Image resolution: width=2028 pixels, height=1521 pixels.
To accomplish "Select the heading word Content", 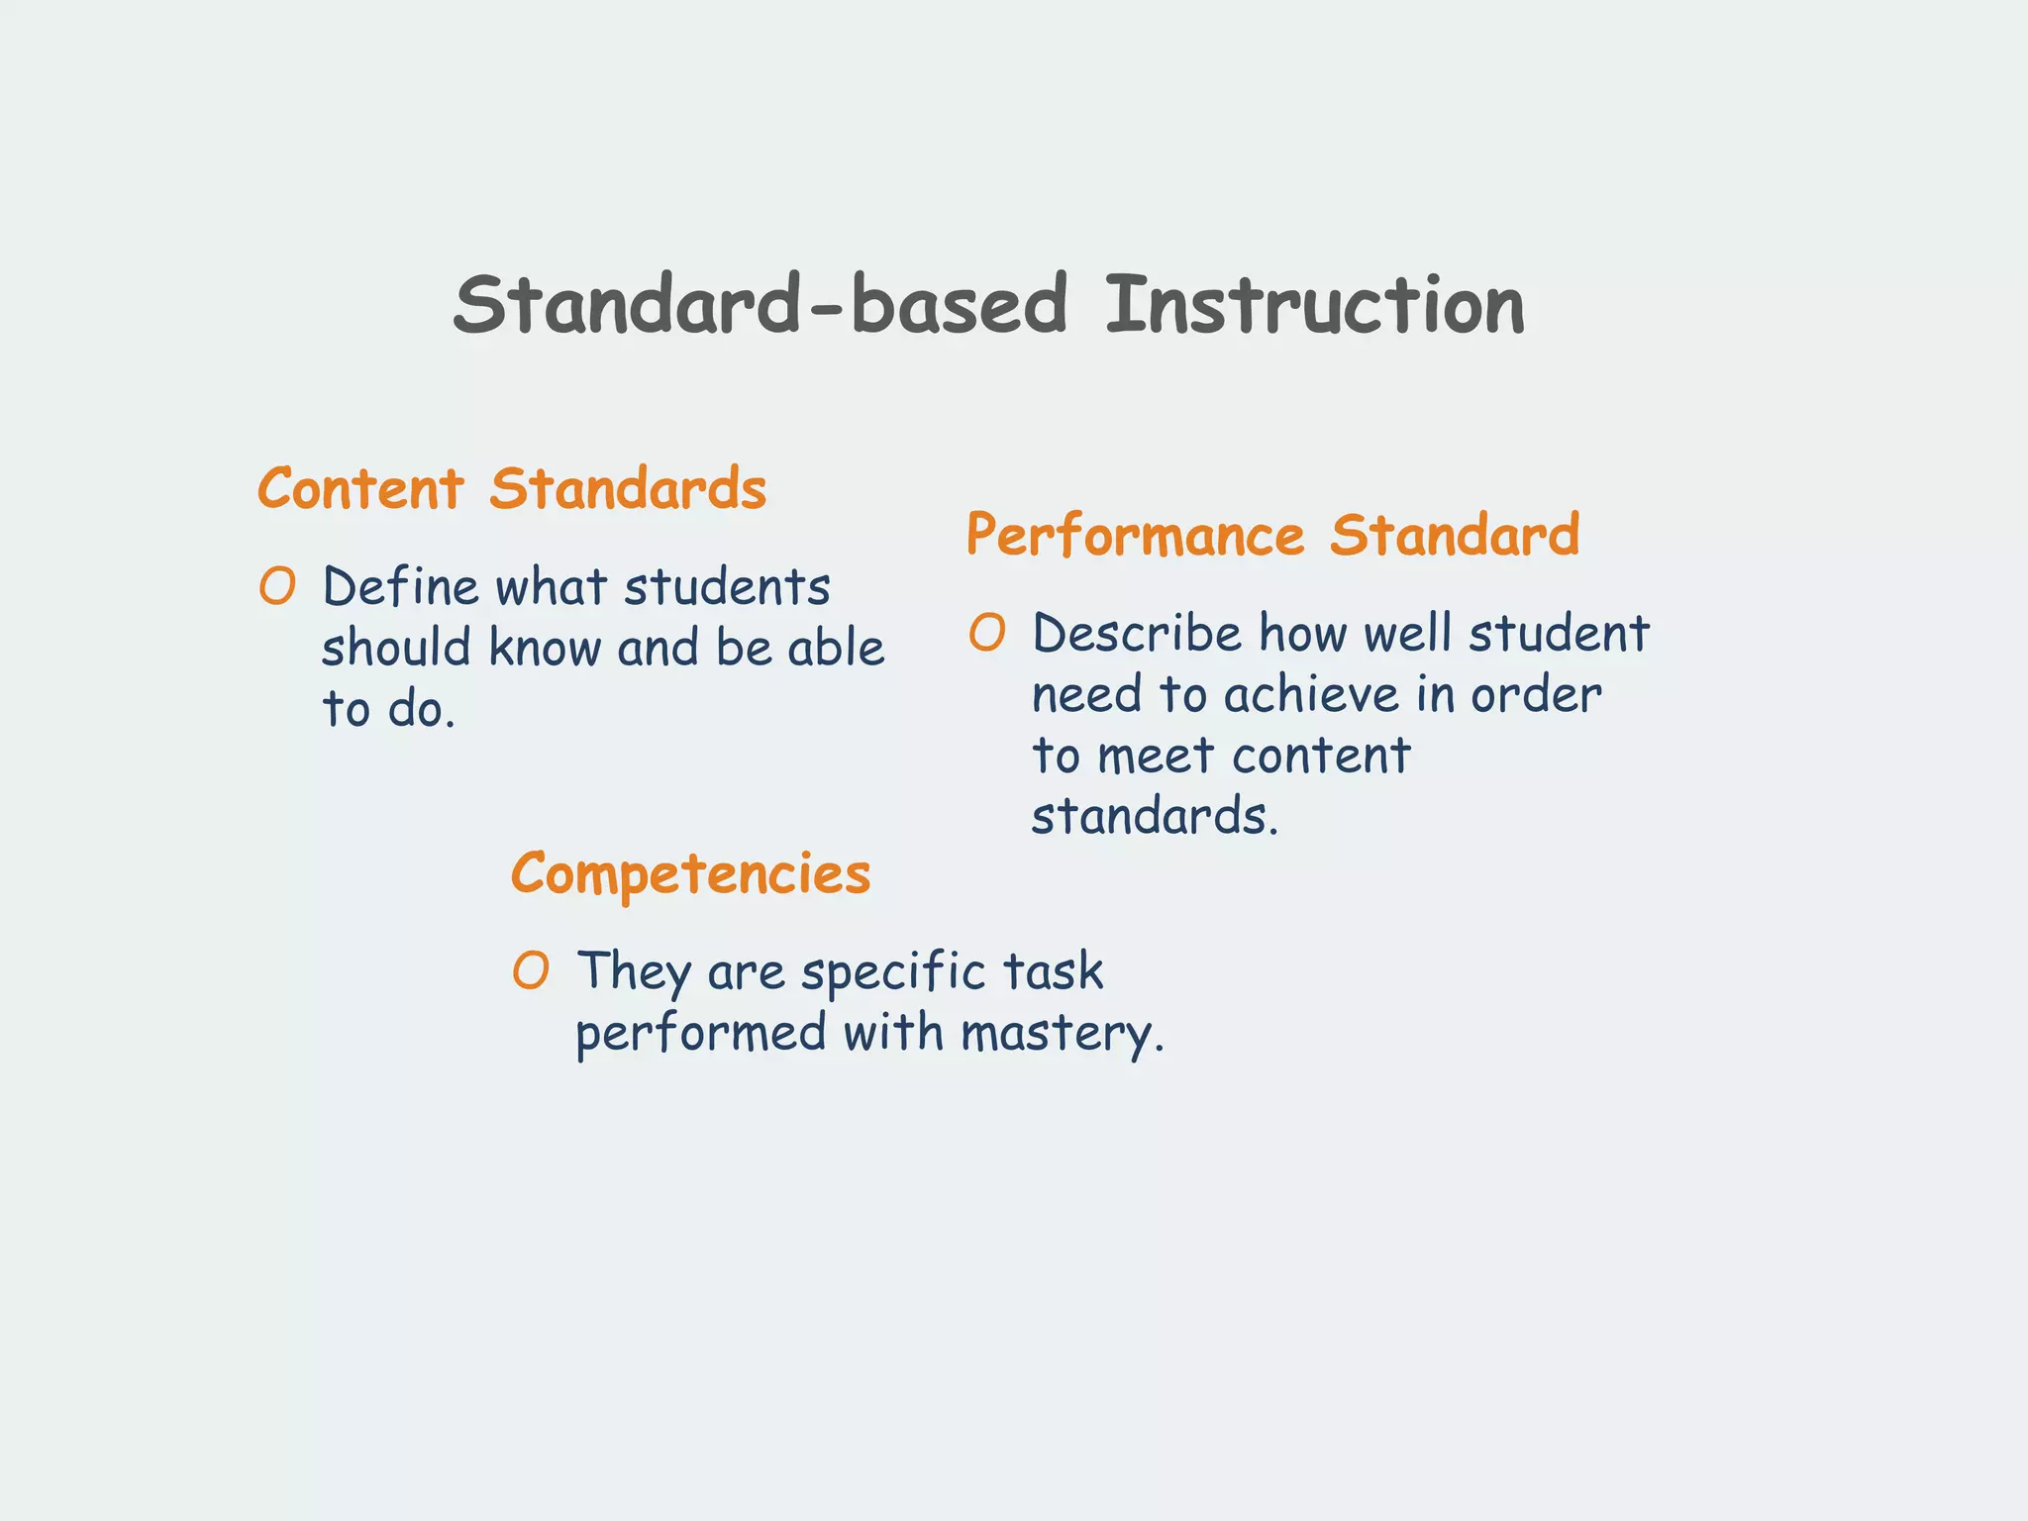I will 360,489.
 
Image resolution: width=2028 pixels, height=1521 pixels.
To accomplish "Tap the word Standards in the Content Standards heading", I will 628,489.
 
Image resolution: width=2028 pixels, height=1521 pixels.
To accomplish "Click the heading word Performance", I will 1136,536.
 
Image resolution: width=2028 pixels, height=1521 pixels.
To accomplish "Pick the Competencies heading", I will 690,875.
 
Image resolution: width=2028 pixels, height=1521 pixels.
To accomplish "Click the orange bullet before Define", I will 277,586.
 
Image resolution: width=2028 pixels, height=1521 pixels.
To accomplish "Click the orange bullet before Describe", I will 987,633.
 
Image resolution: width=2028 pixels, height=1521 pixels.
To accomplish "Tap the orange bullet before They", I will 531,970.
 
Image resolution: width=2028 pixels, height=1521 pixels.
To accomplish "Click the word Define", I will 401,586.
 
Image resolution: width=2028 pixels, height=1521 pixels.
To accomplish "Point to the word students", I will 727,586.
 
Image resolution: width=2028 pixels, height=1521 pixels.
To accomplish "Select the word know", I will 545,649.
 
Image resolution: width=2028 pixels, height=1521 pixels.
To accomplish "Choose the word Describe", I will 1136,633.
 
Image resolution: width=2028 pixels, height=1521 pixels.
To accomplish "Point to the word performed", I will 701,1034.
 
